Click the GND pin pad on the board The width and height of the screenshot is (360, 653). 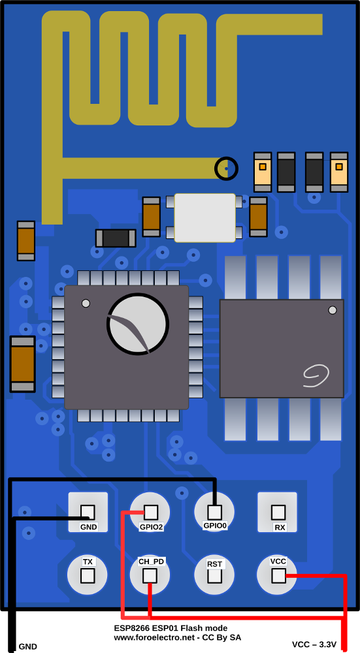(88, 512)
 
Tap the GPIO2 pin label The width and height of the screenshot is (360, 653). (151, 527)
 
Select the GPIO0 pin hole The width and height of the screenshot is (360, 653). (214, 512)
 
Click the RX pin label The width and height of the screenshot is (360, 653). (280, 527)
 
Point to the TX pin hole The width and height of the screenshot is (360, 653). (88, 577)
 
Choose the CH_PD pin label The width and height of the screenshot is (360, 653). (151, 562)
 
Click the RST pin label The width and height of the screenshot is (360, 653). (214, 564)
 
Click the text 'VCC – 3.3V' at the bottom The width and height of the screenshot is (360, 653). (314, 645)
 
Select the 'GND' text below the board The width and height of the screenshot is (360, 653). (28, 646)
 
